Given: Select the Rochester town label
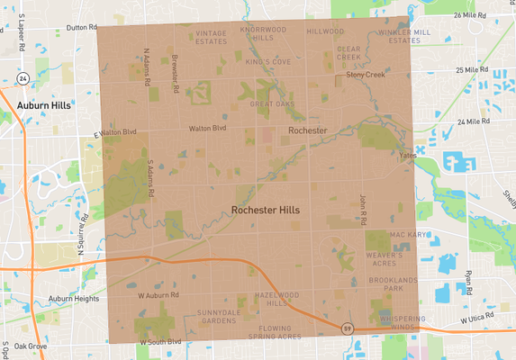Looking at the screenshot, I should coord(307,131).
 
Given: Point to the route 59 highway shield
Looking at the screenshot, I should coord(347,328).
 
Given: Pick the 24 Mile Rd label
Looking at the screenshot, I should coord(477,121).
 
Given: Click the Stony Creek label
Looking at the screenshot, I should coord(365,76).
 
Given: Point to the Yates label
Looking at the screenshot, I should coord(408,154).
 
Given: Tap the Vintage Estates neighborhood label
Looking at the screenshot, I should coord(212,36).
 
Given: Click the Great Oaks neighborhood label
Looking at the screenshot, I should coord(272,104).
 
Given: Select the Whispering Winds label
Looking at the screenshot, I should coord(396,323).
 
